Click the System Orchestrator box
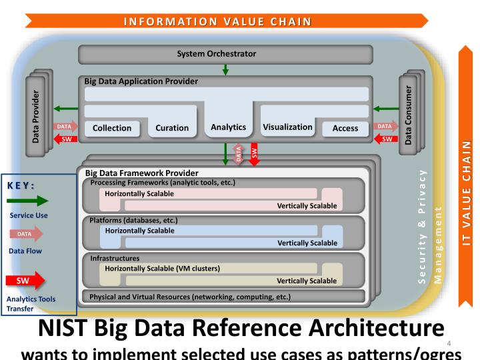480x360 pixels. tap(224, 53)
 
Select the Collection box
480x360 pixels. tap(112, 128)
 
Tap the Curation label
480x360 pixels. tap(172, 128)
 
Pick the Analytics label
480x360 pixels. tap(228, 127)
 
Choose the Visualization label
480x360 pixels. tap(287, 127)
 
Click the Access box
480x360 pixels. tap(345, 128)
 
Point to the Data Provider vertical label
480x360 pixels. tap(35, 112)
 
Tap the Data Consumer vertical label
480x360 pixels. tap(409, 112)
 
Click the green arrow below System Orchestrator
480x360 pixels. tap(225, 69)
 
